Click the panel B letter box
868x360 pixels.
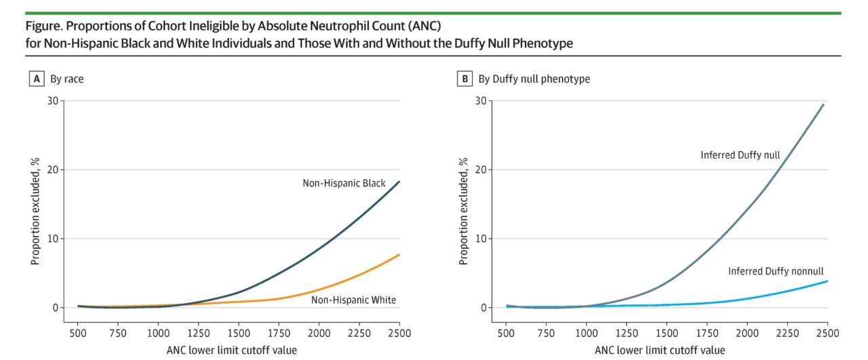(465, 79)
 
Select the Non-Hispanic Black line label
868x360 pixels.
(344, 183)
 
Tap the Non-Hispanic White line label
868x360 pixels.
(353, 300)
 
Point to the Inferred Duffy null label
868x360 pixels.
(740, 155)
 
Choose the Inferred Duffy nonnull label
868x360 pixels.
(778, 271)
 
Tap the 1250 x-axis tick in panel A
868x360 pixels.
(198, 333)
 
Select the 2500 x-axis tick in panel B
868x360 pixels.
(827, 333)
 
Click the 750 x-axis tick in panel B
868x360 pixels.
(546, 333)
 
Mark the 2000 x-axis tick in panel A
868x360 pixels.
(319, 333)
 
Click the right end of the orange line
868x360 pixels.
(399, 255)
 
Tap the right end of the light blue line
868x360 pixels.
(827, 281)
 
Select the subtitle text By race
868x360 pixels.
(67, 79)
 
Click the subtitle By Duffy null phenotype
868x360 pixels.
(534, 79)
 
